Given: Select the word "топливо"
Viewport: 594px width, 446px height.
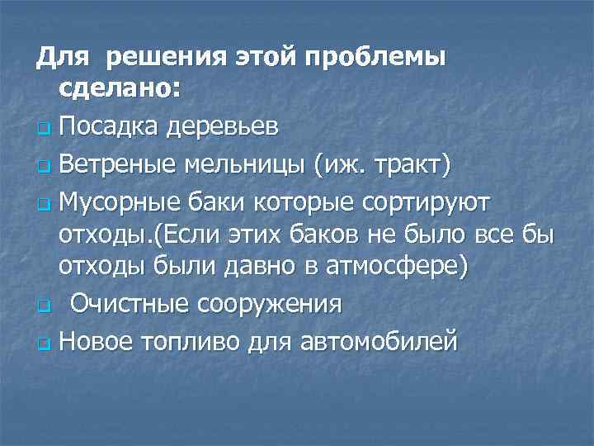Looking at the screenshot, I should coord(194,340).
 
